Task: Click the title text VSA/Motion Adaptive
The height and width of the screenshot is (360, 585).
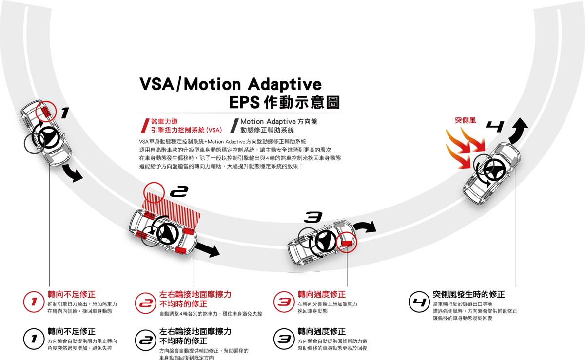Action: (231, 84)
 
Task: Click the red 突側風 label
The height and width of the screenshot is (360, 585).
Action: (465, 119)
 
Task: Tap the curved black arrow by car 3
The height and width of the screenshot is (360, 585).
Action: (365, 227)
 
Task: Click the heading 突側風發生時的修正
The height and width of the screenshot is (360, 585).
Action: (468, 294)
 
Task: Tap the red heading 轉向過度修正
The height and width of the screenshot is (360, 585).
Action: (321, 294)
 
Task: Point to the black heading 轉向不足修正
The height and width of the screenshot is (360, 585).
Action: (71, 331)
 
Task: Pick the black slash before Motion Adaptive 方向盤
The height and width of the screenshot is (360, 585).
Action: (234, 125)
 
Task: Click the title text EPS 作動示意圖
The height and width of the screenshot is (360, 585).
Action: (284, 103)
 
